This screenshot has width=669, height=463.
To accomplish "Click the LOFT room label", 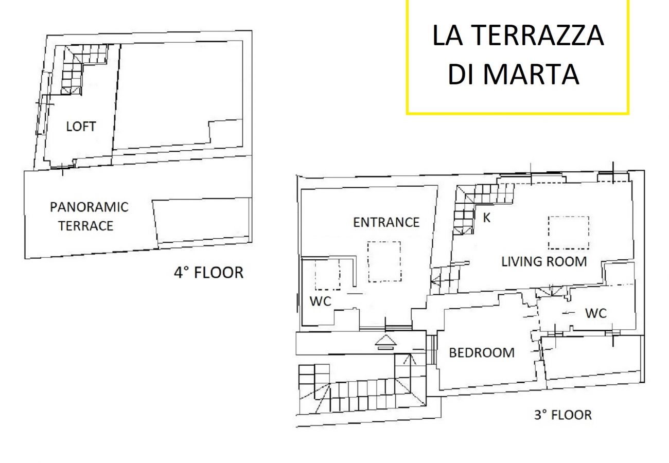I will (x=81, y=127).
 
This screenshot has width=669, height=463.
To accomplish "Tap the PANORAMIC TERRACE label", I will (x=89, y=217).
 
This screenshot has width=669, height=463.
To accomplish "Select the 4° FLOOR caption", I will (x=208, y=272).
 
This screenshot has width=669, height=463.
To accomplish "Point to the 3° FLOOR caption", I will (x=562, y=415).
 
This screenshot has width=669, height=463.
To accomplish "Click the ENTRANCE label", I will (x=386, y=222).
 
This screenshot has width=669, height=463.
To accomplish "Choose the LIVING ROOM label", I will (x=544, y=261).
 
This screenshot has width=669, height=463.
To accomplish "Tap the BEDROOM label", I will (x=481, y=353).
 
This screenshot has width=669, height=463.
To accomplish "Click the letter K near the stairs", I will (x=486, y=218).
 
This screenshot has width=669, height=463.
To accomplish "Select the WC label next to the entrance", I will (x=320, y=301).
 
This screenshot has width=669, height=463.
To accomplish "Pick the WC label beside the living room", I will (x=596, y=313).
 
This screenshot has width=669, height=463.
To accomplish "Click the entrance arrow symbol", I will (x=385, y=341).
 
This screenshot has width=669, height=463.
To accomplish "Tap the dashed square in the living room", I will (x=568, y=233).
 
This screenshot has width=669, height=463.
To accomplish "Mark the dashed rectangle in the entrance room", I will (x=384, y=261).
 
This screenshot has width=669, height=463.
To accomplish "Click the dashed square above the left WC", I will (x=327, y=275).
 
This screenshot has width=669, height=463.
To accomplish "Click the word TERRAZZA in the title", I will (x=537, y=35).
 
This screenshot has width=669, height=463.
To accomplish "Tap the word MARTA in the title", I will (x=531, y=74).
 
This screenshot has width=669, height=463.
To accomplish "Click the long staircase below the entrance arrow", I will (x=360, y=394).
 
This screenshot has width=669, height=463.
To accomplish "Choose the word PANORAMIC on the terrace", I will (x=89, y=207).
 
